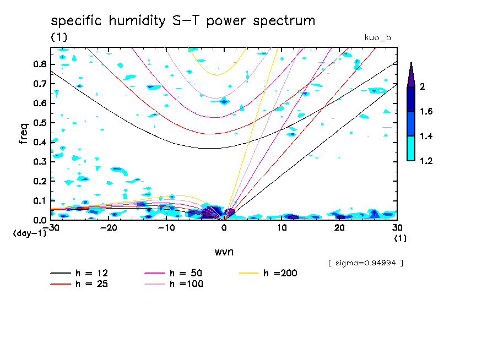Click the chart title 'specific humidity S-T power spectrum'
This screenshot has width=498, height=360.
click(x=183, y=21)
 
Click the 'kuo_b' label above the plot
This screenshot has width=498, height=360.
click(x=378, y=38)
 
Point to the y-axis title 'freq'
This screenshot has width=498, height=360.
click(x=24, y=134)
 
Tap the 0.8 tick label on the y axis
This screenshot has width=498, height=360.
click(x=39, y=64)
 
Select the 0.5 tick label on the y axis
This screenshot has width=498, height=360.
click(x=39, y=123)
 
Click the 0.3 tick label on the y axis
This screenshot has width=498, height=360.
click(x=39, y=162)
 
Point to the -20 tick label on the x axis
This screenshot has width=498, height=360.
click(x=109, y=227)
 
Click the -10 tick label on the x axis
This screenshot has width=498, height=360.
click(x=166, y=227)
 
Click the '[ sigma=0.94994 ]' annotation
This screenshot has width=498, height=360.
click(x=366, y=263)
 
